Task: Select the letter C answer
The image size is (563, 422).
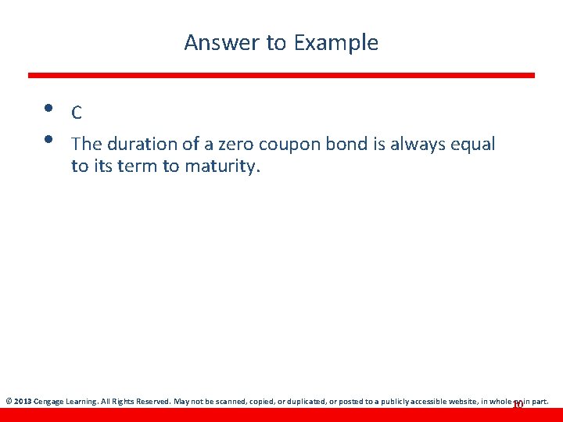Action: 77,113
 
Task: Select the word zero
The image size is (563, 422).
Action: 235,144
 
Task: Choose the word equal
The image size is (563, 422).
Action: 472,145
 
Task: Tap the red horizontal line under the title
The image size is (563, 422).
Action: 281,75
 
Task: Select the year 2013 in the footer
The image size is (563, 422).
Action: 22,402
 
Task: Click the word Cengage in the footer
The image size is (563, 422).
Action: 48,402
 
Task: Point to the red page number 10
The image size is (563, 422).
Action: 517,404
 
